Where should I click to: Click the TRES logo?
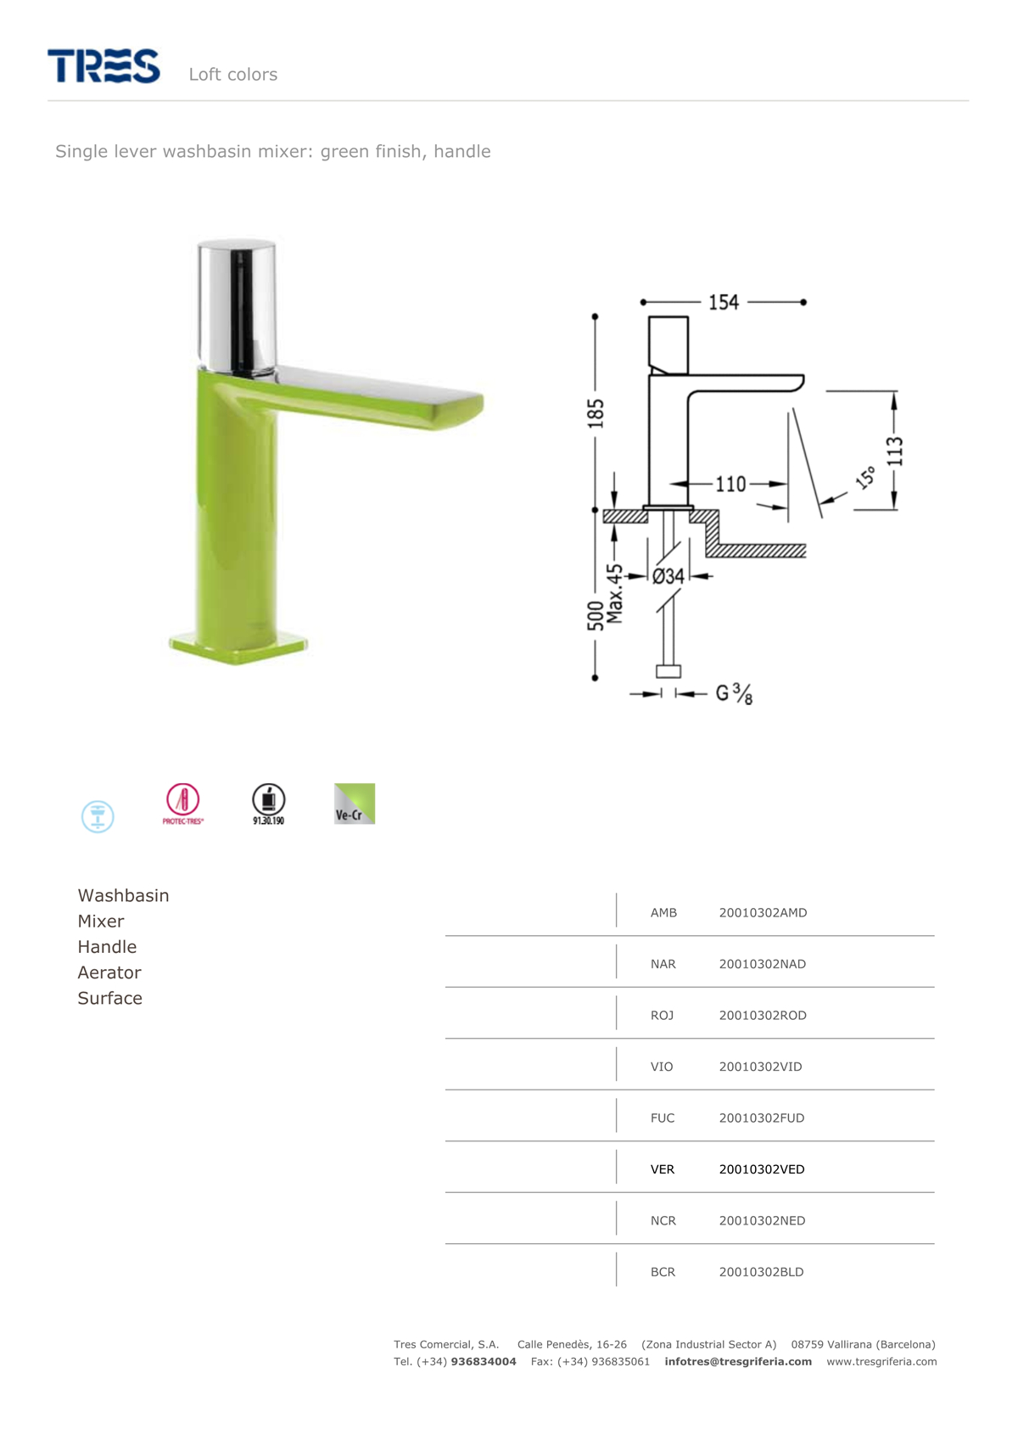pos(103,65)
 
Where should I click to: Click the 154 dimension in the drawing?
pos(724,302)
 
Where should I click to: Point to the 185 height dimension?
pos(596,413)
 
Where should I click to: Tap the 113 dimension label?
pos(895,451)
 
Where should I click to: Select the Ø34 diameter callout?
pos(668,576)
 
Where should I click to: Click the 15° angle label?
pos(865,477)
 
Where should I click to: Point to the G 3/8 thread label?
pos(734,693)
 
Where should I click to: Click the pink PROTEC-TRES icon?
pos(183,804)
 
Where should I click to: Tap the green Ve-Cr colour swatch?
pos(354,804)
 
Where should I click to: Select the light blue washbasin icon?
pos(98,816)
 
